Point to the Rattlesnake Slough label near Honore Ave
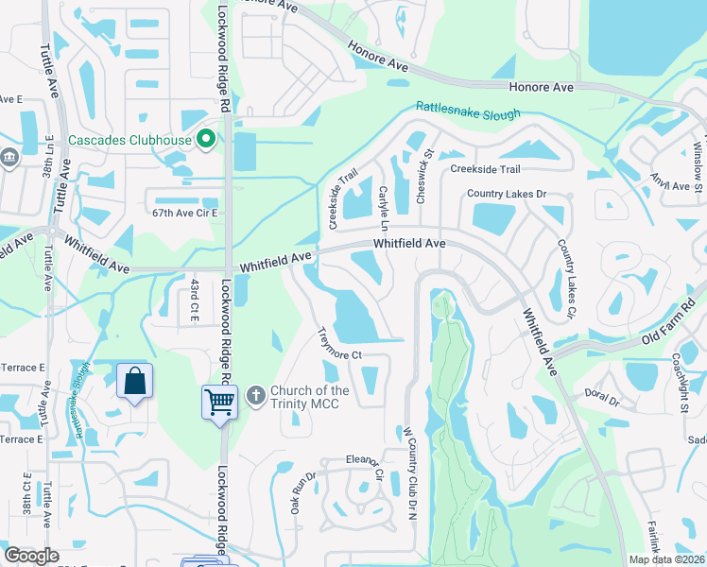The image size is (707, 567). click(x=467, y=112)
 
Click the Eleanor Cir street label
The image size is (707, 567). click(x=364, y=469)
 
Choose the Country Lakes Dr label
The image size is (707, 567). click(x=508, y=194)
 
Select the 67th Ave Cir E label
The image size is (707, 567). click(x=185, y=214)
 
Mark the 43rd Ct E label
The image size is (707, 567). click(x=193, y=300)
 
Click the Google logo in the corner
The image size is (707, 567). click(x=31, y=556)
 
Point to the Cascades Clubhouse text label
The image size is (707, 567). click(x=131, y=142)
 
